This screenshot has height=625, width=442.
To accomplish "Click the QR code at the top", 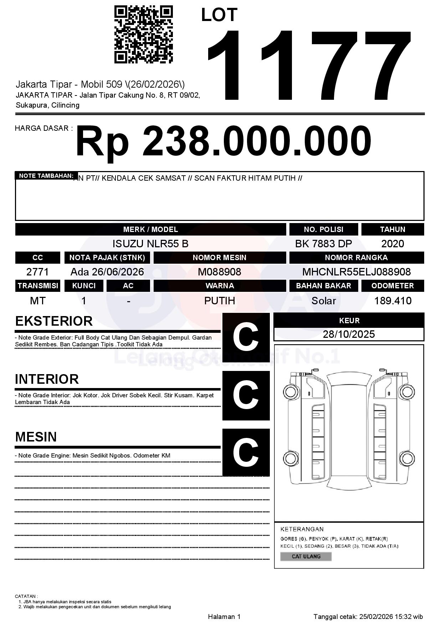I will point(143,34).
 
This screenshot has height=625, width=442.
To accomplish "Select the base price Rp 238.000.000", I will point(223,141).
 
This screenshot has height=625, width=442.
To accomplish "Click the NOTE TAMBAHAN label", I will point(46,176).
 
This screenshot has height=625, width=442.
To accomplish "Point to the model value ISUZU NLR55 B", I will point(150,244).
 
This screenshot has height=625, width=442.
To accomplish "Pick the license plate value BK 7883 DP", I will point(323,244).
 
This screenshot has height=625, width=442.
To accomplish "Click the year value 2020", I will point(392,244).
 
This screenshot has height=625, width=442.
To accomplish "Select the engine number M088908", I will point(220,272).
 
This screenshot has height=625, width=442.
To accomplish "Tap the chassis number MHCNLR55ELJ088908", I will point(356,272).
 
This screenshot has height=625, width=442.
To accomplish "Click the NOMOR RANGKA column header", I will point(356,258).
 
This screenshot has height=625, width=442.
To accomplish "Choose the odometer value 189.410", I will point(393,301).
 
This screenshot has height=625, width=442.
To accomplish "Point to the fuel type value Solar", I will point(324,301).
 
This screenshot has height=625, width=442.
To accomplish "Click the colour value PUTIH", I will point(220,301).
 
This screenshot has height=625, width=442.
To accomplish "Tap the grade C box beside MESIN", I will point(246,452).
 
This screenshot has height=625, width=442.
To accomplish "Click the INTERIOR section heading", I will point(47,379).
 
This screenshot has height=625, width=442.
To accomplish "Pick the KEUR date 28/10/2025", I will point(349,334).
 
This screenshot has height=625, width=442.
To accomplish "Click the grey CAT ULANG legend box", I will point(306,556).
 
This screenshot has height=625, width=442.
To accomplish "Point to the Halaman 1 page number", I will point(224,616).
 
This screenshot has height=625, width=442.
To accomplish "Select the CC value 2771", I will point(37,272).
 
